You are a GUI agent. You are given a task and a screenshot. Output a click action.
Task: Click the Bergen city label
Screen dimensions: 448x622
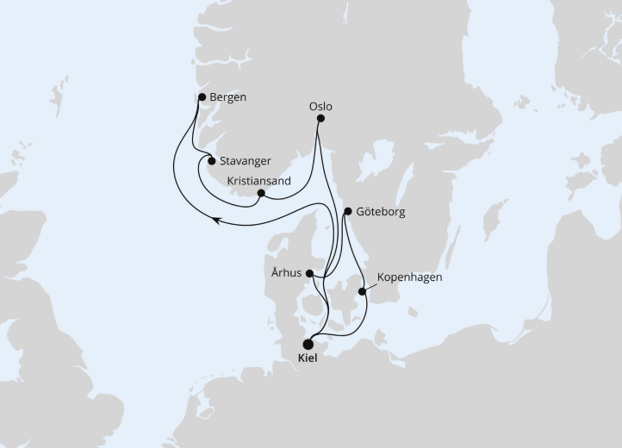227,97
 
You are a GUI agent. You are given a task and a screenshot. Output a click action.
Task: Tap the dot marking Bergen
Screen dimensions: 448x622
202,97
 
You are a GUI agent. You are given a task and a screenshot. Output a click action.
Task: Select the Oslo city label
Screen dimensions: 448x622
320,107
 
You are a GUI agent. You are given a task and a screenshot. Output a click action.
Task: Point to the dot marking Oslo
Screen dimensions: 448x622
320,119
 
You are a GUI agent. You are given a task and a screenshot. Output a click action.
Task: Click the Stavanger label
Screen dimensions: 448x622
247,161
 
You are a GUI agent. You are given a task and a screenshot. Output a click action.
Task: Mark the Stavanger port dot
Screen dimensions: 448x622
212,160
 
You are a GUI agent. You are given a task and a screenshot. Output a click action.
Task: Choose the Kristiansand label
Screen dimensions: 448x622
259,181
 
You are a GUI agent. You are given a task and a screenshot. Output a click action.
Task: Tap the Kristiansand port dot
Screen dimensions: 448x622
261,193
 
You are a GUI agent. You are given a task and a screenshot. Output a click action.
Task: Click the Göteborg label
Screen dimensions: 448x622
380,211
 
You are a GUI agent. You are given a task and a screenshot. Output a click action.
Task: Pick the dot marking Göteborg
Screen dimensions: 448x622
347,211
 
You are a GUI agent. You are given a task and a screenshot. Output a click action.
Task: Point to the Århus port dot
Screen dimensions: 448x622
309,273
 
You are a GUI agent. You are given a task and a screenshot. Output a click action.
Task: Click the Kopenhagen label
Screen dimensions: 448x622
409,278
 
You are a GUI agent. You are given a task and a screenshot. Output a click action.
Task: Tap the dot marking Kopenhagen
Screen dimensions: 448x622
363,291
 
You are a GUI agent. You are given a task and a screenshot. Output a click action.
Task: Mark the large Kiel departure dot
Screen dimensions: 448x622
308,344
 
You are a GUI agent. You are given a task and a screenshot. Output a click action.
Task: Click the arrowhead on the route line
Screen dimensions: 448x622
216,221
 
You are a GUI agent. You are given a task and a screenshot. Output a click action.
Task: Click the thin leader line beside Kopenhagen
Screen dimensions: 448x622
371,284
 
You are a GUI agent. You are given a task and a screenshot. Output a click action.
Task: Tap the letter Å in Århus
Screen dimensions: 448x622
272,272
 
